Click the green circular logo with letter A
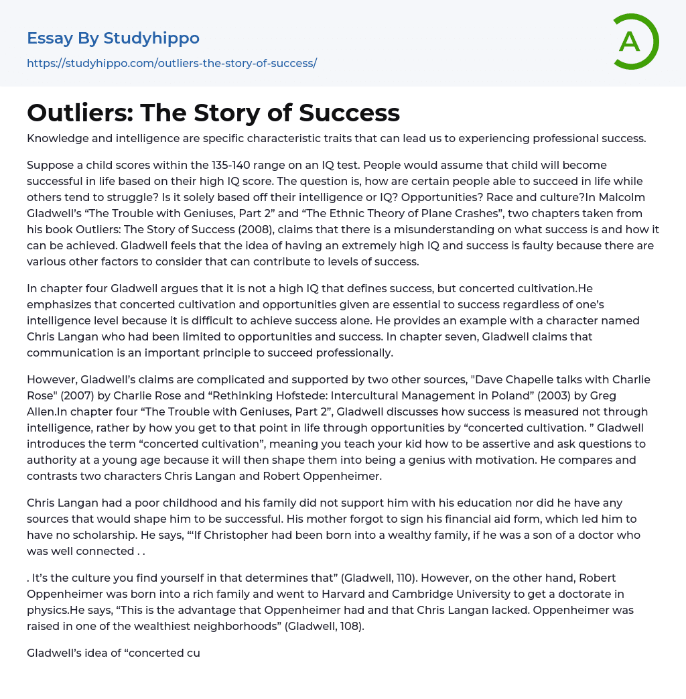point(634,42)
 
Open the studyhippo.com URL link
point(171,64)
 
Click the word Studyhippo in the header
point(151,38)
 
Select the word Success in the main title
point(349,113)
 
